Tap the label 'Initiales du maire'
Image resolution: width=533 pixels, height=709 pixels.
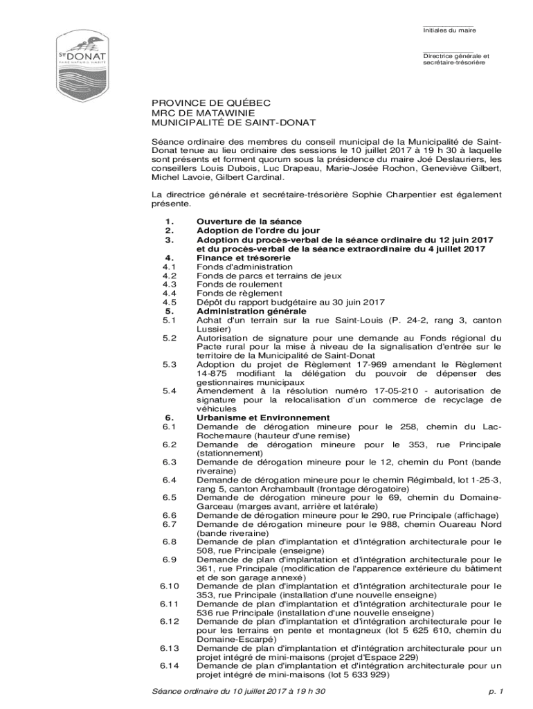(x=449, y=30)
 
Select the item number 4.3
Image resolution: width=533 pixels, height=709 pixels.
(x=170, y=285)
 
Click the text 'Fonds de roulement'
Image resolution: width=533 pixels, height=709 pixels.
(x=239, y=285)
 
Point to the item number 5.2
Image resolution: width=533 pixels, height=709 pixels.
(x=170, y=338)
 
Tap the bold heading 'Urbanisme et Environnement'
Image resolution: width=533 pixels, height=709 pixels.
(x=263, y=418)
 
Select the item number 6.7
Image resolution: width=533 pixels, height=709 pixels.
(x=170, y=524)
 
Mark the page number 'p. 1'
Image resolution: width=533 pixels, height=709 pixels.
(x=495, y=692)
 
